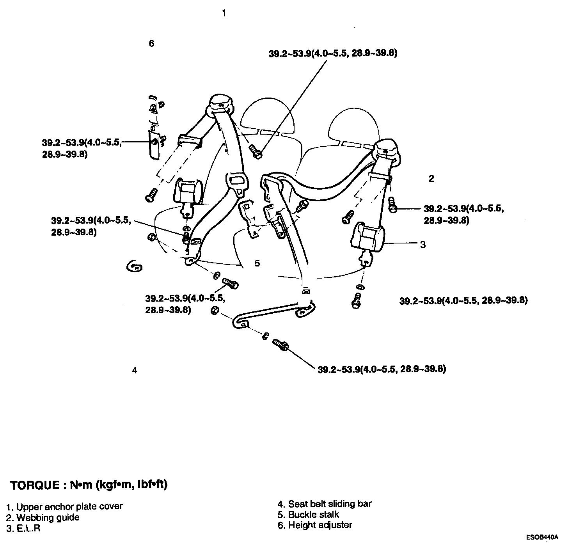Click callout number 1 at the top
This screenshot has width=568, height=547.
click(x=224, y=13)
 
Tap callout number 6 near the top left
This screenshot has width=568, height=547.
click(x=152, y=43)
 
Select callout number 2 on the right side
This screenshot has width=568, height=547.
click(x=431, y=179)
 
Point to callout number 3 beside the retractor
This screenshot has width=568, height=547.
click(x=423, y=245)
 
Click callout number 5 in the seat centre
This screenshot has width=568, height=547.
click(x=257, y=263)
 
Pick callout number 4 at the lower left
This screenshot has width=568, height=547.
click(x=135, y=370)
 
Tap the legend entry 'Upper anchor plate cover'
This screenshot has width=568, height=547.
click(x=65, y=506)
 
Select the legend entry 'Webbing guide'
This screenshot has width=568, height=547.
click(x=43, y=518)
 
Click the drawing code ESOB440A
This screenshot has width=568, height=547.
click(x=542, y=537)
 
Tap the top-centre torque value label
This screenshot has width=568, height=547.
click(x=333, y=53)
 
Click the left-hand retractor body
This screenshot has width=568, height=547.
click(x=188, y=191)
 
